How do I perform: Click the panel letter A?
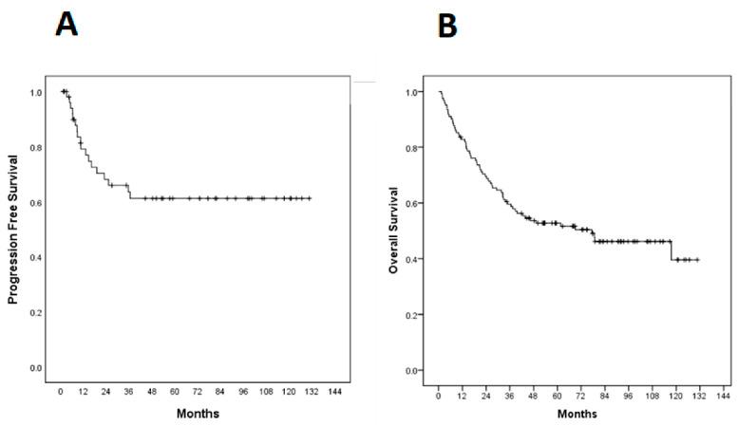(66, 23)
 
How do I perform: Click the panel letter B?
(445, 26)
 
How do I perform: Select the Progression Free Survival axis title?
(13, 230)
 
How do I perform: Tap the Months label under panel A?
(198, 414)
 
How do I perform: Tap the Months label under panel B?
(577, 414)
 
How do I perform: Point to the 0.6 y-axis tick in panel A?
(36, 203)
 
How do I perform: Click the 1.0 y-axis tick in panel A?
(36, 93)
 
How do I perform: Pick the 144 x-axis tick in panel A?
(335, 391)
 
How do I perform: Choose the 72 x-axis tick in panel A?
(198, 391)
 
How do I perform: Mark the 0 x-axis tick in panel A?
(60, 391)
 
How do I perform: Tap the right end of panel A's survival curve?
(311, 198)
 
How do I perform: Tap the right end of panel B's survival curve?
(699, 259)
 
